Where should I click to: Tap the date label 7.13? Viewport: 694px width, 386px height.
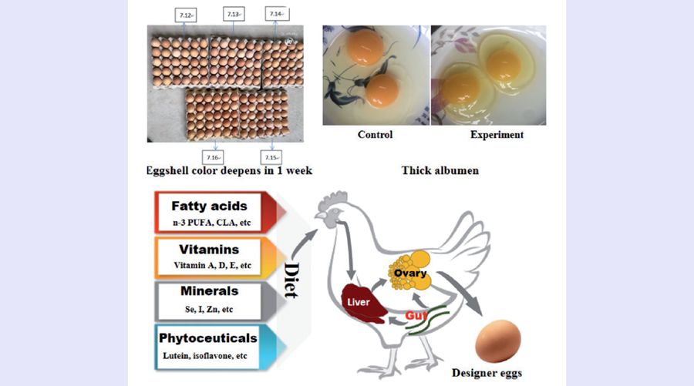click(234, 15)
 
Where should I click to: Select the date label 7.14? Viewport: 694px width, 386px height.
click(277, 15)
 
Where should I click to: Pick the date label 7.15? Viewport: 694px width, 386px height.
click(271, 157)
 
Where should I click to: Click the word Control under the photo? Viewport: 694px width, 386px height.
click(375, 135)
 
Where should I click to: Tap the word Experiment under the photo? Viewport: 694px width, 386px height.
click(497, 135)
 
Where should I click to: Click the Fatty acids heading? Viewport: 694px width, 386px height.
click(209, 206)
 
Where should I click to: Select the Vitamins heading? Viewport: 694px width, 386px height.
click(209, 250)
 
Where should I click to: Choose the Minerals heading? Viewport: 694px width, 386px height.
click(209, 292)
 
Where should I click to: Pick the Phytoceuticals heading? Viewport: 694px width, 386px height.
click(209, 337)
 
